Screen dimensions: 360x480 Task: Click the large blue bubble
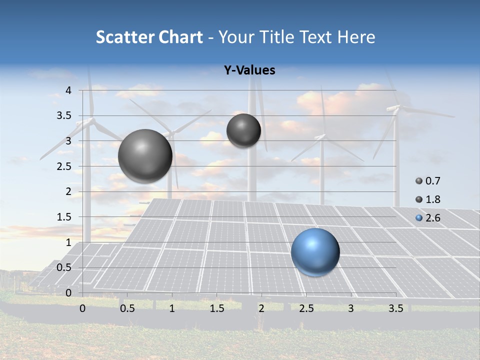(x=315, y=252)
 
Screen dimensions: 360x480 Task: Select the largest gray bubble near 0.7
(x=145, y=156)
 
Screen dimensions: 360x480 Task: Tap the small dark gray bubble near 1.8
(x=243, y=130)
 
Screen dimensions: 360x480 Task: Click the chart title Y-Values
(x=249, y=70)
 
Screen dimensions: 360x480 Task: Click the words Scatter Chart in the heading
(x=149, y=37)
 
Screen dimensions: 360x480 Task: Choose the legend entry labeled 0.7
(x=427, y=181)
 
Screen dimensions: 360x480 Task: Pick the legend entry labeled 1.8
(x=427, y=199)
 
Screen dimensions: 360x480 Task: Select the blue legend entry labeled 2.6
(x=427, y=218)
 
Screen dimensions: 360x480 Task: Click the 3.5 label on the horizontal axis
(x=396, y=309)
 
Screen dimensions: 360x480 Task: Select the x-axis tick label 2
(x=261, y=309)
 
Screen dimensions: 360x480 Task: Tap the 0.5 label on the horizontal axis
(x=127, y=309)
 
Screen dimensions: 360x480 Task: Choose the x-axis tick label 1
(x=172, y=309)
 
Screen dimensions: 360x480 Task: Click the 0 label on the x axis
(x=82, y=309)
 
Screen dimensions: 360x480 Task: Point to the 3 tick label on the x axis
(x=350, y=309)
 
